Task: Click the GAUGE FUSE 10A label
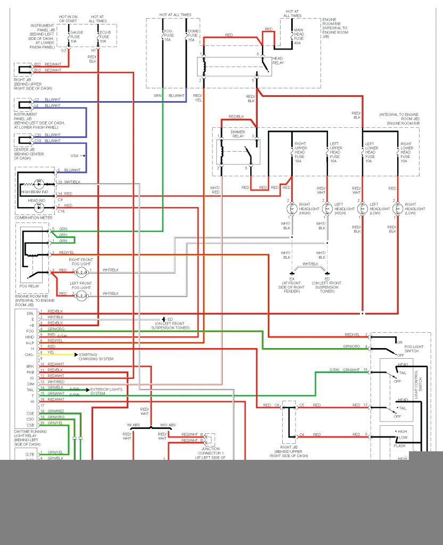[x=77, y=37]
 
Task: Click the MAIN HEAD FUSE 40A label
[x=299, y=36]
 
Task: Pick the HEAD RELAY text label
[x=278, y=61]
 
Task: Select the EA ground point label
[x=292, y=278]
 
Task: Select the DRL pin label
[x=30, y=313]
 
